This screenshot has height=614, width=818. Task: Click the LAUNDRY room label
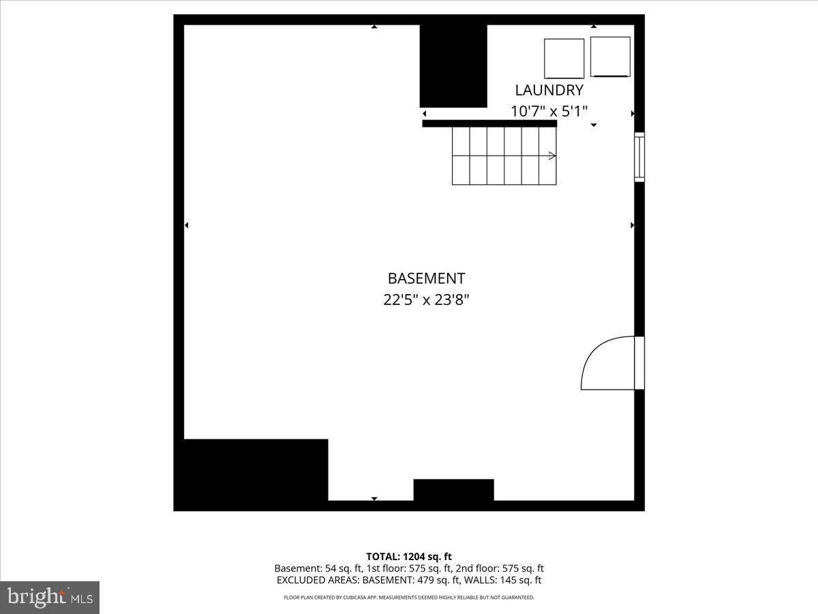549,90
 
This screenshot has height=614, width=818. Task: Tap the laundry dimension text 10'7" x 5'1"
549,111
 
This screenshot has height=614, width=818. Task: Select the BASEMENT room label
426,278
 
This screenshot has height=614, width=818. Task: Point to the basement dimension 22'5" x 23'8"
426,299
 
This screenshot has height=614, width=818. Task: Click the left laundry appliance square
564,59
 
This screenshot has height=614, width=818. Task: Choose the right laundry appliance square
610,57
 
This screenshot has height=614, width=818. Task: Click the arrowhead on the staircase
552,156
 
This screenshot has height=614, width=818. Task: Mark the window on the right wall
639,156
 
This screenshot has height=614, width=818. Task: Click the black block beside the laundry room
453,66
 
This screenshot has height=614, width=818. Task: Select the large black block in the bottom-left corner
252,472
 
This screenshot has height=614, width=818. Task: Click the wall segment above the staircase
489,123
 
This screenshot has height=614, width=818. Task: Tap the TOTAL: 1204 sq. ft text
409,557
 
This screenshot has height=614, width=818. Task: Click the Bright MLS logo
50,597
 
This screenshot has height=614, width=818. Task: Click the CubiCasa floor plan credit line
409,598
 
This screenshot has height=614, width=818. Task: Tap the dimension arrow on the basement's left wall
187,225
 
